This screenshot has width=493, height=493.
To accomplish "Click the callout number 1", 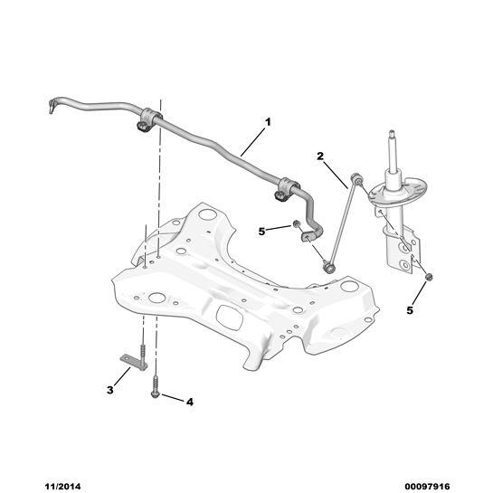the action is tap(268, 122).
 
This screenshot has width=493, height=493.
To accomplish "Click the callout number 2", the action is tap(320, 156).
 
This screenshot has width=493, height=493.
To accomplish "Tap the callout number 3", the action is tap(109, 390).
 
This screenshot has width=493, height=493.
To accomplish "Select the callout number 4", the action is tap(190, 402).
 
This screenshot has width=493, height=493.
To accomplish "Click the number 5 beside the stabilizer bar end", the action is tap(261, 232).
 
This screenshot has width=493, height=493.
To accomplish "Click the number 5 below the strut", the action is tap(410, 310).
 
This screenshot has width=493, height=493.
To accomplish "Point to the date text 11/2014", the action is tap(62, 487).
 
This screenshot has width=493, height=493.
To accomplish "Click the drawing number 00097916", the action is tap(427, 487).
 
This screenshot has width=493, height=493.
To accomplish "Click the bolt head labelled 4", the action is tap(156, 394).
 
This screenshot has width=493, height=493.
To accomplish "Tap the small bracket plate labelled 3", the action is tap(133, 362).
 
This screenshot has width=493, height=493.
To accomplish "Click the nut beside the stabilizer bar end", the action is tap(296, 223).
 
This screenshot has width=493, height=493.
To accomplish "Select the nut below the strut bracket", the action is tap(428, 277).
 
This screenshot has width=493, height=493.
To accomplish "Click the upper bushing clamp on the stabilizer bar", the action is tap(147, 119).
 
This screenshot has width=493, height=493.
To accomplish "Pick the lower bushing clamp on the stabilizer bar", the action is tap(284, 189).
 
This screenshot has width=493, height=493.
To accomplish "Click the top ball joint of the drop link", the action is tap(356, 177).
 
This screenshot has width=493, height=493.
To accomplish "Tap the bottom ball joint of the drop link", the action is tap(329, 268).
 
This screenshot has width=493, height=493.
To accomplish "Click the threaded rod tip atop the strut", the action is tap(392, 134).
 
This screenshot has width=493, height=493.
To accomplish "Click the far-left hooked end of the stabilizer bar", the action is tap(52, 106).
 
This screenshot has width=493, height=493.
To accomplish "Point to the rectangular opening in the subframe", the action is tap(230, 317).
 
